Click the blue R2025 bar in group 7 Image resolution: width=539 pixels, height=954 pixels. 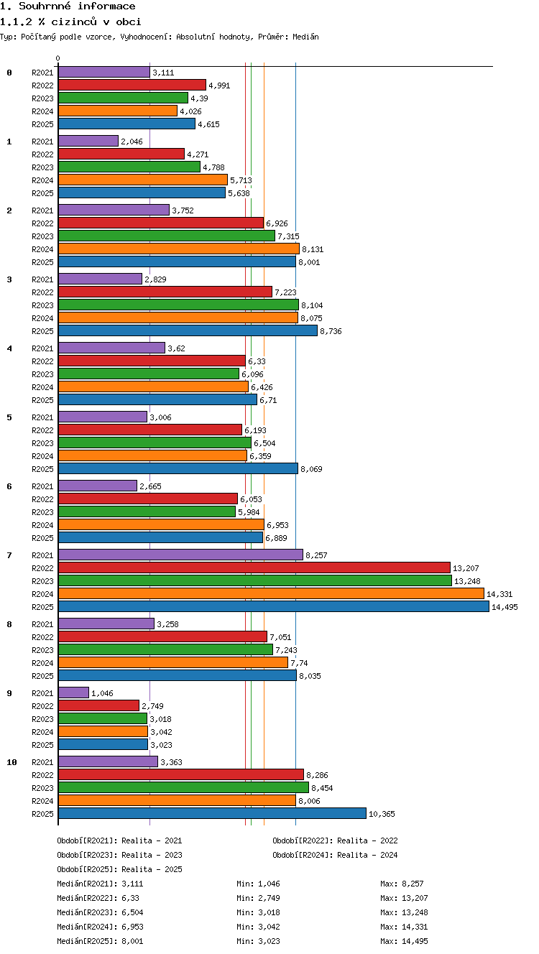click(274, 606)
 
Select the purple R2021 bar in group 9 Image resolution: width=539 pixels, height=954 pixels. click(74, 693)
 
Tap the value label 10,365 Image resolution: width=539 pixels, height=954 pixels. click(382, 814)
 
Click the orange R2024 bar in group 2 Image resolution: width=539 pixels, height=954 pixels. click(179, 249)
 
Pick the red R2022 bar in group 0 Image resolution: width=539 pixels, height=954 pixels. click(132, 85)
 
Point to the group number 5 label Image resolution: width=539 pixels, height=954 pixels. click(9, 417)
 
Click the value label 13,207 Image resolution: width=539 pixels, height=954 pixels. click(466, 568)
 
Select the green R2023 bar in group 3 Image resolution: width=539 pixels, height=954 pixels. click(178, 305)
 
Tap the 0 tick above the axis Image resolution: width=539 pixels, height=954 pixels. click(58, 58)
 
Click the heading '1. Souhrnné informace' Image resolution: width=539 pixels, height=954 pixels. click(68, 6)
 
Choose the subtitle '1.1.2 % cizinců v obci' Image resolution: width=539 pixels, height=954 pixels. click(70, 22)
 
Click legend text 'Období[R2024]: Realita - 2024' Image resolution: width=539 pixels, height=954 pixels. click(335, 855)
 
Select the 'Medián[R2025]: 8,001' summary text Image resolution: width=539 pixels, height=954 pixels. click(100, 941)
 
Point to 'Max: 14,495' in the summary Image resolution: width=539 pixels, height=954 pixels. click(404, 941)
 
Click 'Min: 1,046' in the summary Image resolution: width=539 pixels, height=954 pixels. click(258, 884)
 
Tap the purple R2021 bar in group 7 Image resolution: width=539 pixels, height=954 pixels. click(180, 555)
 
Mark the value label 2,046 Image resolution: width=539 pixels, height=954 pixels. click(132, 142)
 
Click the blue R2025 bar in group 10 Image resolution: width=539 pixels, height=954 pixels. click(212, 813)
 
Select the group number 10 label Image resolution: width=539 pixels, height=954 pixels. click(11, 762)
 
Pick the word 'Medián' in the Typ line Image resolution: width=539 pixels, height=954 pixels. click(305, 37)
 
